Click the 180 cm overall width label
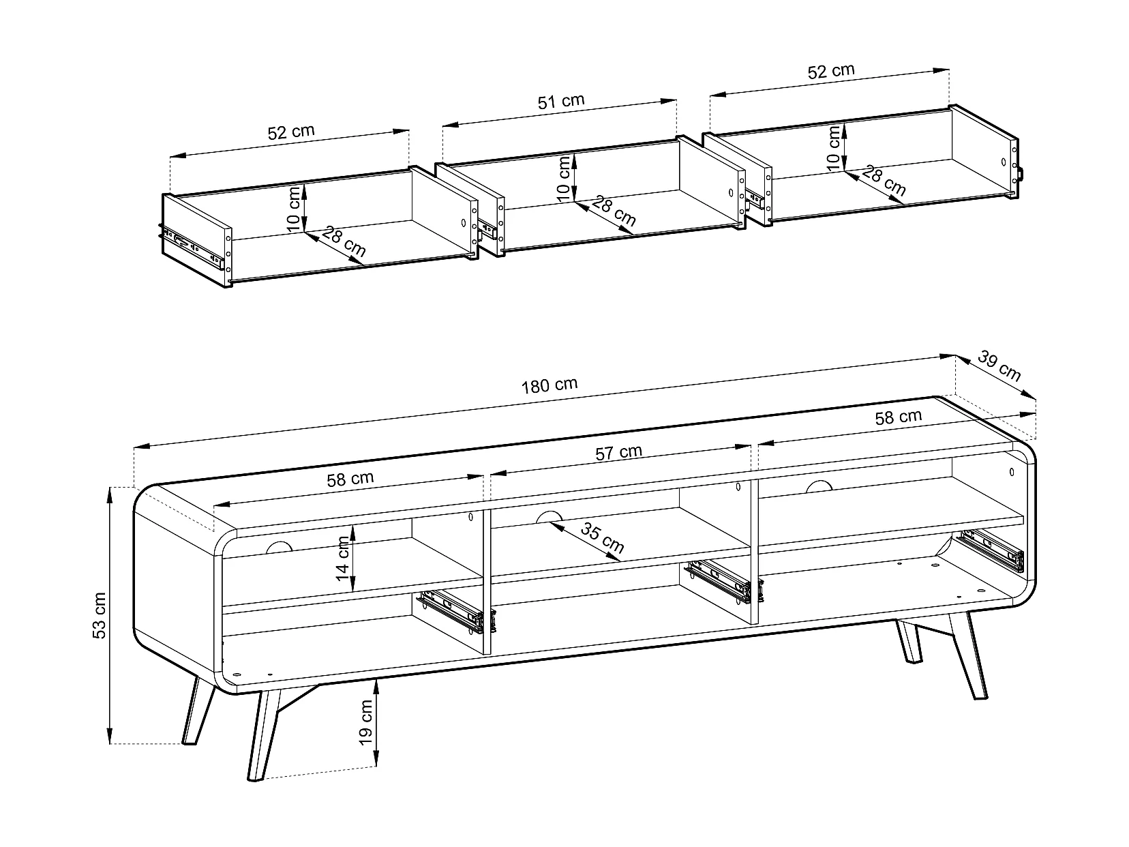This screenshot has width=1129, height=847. (x=550, y=385)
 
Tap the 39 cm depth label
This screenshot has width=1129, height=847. (x=999, y=366)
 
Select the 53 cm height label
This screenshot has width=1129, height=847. (x=100, y=616)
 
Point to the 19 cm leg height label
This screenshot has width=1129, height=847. (x=365, y=722)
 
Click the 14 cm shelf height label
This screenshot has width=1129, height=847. (x=342, y=559)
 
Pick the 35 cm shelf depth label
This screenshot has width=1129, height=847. (x=602, y=537)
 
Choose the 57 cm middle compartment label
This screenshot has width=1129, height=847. (x=619, y=453)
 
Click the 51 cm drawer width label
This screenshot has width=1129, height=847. (x=561, y=102)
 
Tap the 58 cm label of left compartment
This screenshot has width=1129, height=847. (x=350, y=479)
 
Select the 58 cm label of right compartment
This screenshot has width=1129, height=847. (x=899, y=417)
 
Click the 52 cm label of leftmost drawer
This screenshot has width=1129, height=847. (x=291, y=132)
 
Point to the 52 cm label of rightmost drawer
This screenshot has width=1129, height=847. (x=831, y=71)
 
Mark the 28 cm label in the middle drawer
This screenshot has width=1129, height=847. (x=614, y=211)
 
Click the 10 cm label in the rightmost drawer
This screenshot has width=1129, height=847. (x=834, y=148)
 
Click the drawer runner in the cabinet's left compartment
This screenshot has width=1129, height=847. (x=456, y=611)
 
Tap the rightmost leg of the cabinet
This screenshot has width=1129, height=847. (x=969, y=655)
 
